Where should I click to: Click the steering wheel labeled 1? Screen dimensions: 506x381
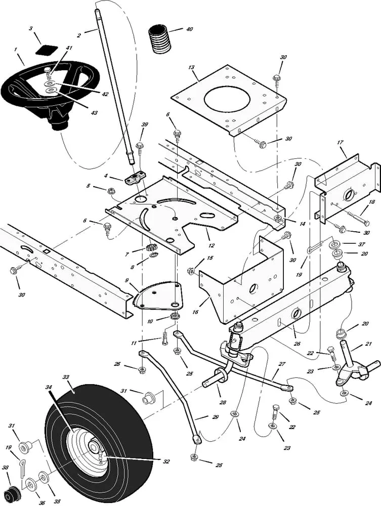tap(30, 89)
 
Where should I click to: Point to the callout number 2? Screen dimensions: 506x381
tap(79, 35)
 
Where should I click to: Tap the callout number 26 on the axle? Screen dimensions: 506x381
tap(297, 344)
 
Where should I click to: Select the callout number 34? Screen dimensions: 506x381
tap(49, 388)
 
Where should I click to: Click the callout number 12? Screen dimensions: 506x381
tap(211, 245)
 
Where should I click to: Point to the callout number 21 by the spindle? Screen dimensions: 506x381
tap(368, 344)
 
